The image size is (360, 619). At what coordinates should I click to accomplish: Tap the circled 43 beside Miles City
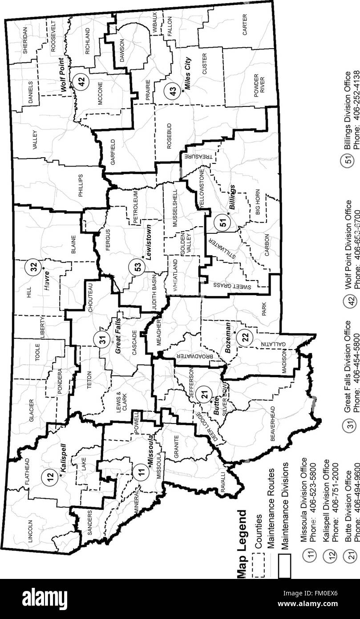pos(171,91)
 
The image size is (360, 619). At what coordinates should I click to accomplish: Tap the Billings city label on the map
pos(231,197)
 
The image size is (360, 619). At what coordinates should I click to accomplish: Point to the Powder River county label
pos(259,83)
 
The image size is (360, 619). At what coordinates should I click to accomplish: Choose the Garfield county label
pos(113,152)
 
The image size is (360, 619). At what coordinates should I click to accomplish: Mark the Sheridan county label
pos(25,40)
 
